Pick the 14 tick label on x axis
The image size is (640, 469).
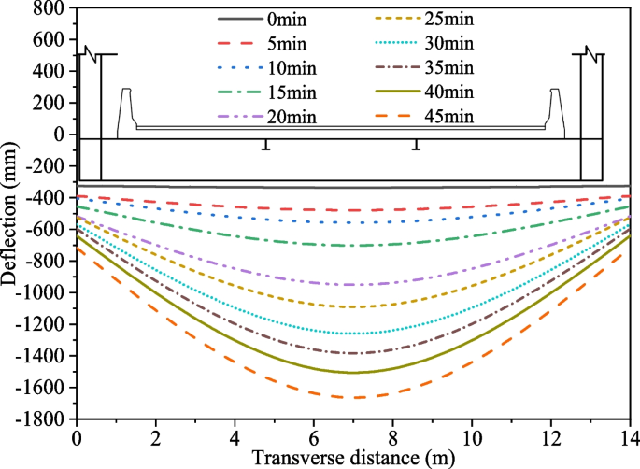coord(628,437)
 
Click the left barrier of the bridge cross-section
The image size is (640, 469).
coord(125,110)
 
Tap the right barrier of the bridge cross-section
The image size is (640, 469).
coord(555,110)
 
